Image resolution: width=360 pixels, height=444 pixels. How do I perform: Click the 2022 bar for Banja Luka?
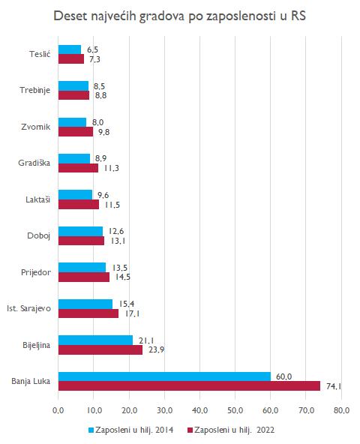pyautogui.click(x=189, y=386)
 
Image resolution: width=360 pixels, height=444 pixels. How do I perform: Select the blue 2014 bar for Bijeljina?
pyautogui.click(x=95, y=340)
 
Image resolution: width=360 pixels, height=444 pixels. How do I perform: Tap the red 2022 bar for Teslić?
pyautogui.click(x=71, y=59)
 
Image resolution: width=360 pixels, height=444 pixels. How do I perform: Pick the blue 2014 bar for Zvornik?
pyautogui.click(x=72, y=122)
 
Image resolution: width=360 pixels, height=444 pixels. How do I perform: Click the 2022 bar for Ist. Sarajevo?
pyautogui.click(x=88, y=313)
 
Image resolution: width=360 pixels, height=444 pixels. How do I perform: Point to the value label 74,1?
pyautogui.click(x=334, y=386)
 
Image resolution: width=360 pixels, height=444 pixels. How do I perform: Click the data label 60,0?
pyautogui.click(x=283, y=376)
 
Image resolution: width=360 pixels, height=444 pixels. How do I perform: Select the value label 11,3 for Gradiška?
pyautogui.click(x=111, y=168)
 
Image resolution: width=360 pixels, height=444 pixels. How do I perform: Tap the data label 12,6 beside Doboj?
pyautogui.click(x=116, y=231)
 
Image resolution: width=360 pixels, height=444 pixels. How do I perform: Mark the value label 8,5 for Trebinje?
pyautogui.click(x=100, y=86)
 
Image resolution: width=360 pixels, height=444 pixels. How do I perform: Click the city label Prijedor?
pyautogui.click(x=36, y=273)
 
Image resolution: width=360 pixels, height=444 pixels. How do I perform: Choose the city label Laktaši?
pyautogui.click(x=38, y=199)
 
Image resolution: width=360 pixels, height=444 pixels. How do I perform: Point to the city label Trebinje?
pyautogui.click(x=34, y=90)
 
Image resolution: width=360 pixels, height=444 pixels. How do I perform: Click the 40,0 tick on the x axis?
pyautogui.click(x=199, y=410)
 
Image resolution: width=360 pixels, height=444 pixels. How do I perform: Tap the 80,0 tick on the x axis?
pyautogui.click(x=341, y=410)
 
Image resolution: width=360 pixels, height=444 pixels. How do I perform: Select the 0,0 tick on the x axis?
pyautogui.click(x=58, y=410)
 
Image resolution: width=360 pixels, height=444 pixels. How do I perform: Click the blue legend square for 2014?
pyautogui.click(x=91, y=430)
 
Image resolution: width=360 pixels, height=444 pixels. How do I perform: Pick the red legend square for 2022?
pyautogui.click(x=190, y=430)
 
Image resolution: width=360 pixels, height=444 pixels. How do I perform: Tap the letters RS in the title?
pyautogui.click(x=298, y=16)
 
